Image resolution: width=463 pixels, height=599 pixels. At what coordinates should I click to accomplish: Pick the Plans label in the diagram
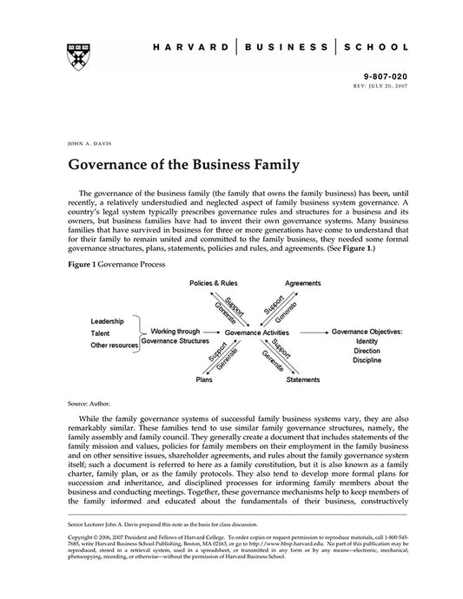point(204,379)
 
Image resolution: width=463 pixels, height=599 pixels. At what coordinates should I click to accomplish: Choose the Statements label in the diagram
point(303,379)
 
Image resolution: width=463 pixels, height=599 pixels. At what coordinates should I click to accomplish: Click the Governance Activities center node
point(258,332)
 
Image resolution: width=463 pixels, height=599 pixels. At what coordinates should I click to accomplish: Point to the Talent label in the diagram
point(102,332)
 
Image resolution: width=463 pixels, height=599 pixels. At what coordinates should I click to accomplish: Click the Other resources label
point(114,346)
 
